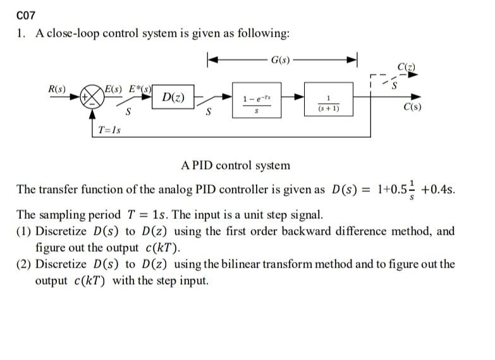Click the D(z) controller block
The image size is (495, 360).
173,97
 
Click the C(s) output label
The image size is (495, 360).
412,107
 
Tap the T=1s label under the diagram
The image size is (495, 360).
110,130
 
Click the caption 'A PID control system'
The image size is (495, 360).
235,166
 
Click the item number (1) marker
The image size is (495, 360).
25,231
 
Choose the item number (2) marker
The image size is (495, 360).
25,264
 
